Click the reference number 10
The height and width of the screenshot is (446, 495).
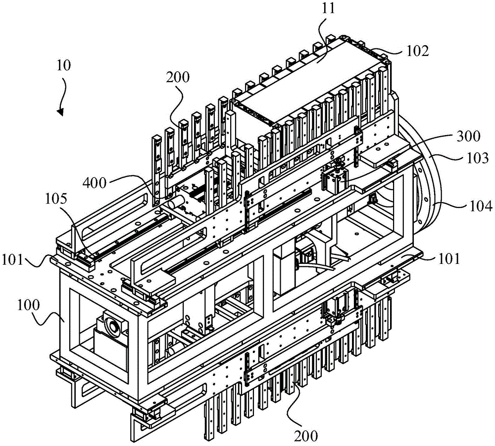tap(64, 65)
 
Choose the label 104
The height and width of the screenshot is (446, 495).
tap(480, 207)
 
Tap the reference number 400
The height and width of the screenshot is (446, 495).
tap(94, 182)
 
